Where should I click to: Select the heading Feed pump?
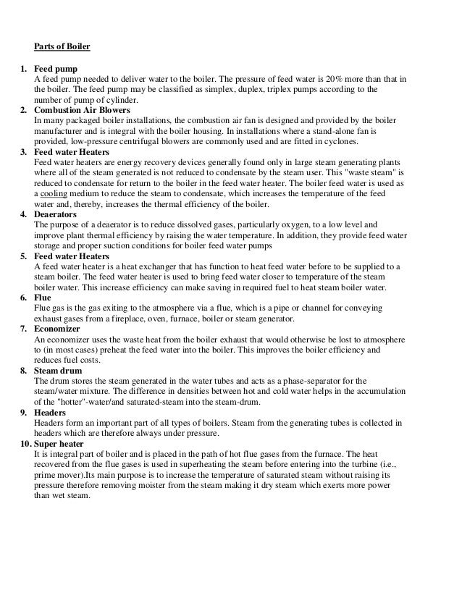click(56, 68)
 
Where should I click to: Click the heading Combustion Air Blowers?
click(82, 109)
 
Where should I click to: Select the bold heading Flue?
click(43, 298)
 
